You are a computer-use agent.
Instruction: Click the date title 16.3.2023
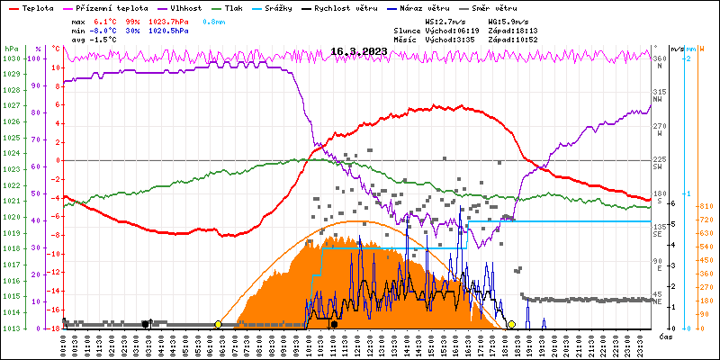[358, 51]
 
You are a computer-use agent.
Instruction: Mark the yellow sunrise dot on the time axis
[219, 324]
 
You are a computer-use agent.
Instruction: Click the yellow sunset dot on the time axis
[511, 324]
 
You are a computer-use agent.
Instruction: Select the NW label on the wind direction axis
[658, 100]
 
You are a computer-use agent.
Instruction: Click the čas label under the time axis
[665, 336]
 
